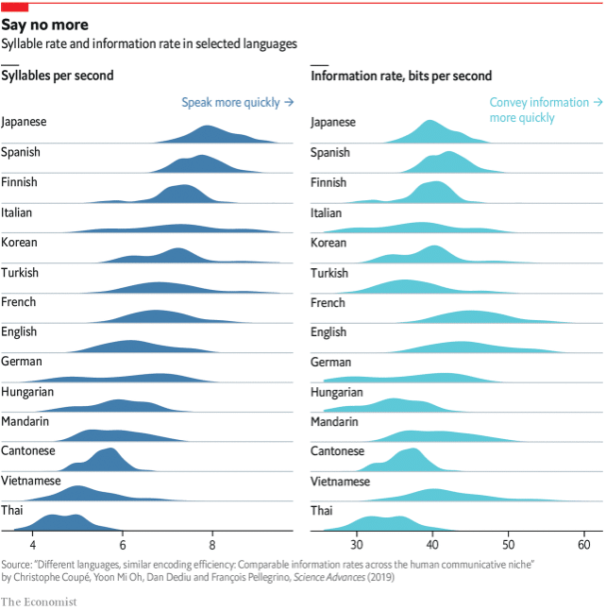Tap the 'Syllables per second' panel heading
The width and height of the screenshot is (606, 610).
pos(58,76)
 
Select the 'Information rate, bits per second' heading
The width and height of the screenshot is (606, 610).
pos(400,76)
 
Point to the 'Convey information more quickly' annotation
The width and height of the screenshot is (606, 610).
pos(538,110)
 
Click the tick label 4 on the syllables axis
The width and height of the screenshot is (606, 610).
pos(33,545)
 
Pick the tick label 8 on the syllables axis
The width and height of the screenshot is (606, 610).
pos(212,545)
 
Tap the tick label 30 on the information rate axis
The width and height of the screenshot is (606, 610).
pos(357,545)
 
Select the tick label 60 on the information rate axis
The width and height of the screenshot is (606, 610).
pos(583,545)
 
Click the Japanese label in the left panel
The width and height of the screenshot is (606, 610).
pos(25,122)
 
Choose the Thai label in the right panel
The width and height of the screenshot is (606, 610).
pos(322,510)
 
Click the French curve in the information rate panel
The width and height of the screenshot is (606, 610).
pos(467,317)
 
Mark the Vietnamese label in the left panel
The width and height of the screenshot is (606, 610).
pos(31,481)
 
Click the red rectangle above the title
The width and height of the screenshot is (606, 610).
pos(14,7)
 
